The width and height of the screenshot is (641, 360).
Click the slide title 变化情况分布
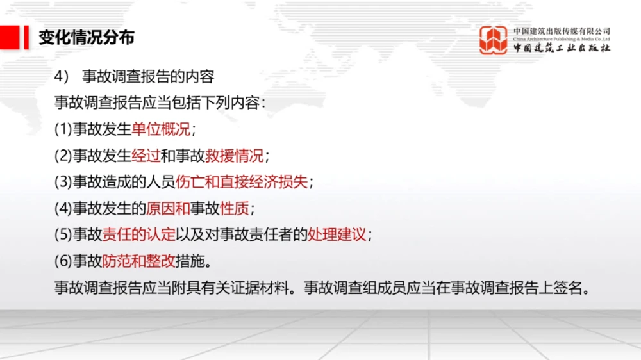pyautogui.click(x=87, y=38)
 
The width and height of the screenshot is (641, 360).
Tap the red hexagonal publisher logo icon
pyautogui.click(x=493, y=40)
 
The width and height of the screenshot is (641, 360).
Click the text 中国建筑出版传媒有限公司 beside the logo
pyautogui.click(x=562, y=31)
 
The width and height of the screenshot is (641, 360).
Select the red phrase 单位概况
pyautogui.click(x=161, y=129)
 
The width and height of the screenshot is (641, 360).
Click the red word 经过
pyautogui.click(x=146, y=156)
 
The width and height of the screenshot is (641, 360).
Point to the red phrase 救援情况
pyautogui.click(x=234, y=156)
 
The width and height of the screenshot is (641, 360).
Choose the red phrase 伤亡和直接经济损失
pyautogui.click(x=241, y=182)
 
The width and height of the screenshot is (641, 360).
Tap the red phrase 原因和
pyautogui.click(x=168, y=208)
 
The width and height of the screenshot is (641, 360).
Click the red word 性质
pyautogui.click(x=234, y=208)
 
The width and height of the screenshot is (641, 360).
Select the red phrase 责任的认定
pyautogui.click(x=138, y=234)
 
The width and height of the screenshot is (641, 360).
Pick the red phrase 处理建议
pyautogui.click(x=337, y=234)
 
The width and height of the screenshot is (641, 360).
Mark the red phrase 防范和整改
pyautogui.click(x=138, y=261)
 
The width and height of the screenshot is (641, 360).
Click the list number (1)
pyautogui.click(x=63, y=129)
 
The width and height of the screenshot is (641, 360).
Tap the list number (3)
pyautogui.click(x=63, y=182)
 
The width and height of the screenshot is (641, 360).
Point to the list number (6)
pyautogui.click(x=63, y=261)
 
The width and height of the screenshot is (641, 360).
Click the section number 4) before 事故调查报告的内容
pyautogui.click(x=62, y=76)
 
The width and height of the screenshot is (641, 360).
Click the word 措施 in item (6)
pyautogui.click(x=190, y=261)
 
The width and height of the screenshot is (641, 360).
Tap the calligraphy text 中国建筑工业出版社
pyautogui.click(x=562, y=48)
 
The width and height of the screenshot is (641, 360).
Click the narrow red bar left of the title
pyautogui.click(x=26, y=38)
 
